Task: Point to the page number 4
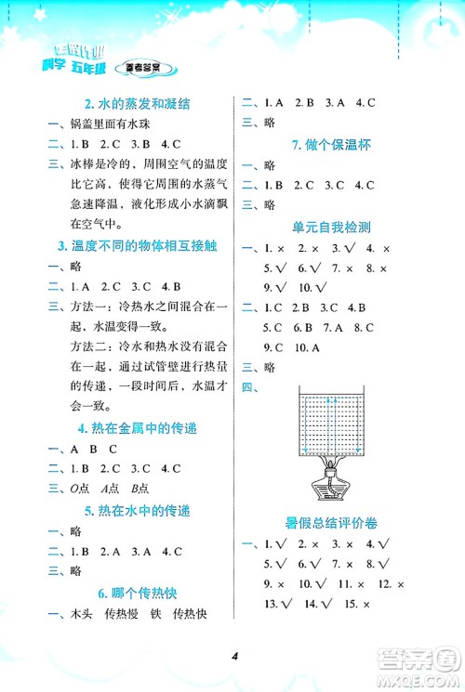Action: (x=237, y=657)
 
